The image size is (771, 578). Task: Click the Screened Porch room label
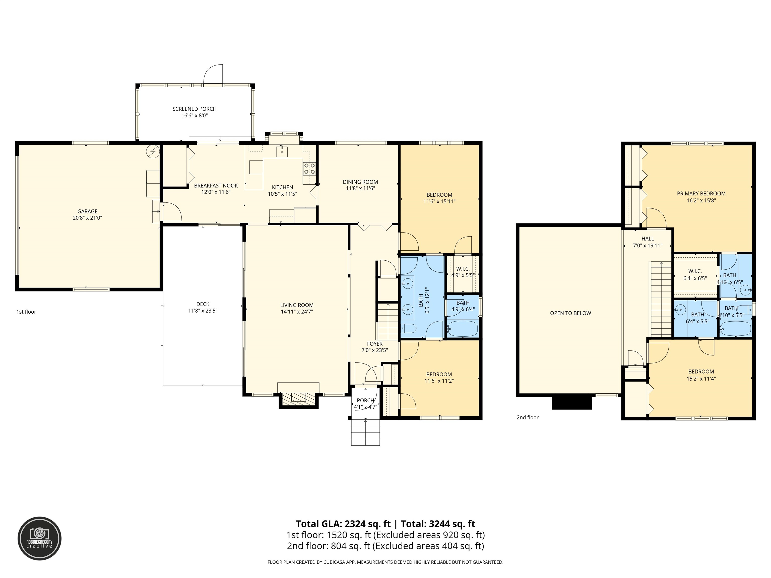[x=195, y=109]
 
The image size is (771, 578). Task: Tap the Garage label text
[x=88, y=211]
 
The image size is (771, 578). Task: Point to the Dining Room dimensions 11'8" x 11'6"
[x=360, y=188]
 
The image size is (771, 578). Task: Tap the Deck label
[x=203, y=304]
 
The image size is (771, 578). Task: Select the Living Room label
[x=297, y=305]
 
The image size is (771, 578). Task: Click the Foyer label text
[x=375, y=344]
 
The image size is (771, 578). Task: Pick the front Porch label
[x=365, y=401]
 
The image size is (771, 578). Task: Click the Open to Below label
[x=570, y=313]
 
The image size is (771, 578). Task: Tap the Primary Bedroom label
[x=701, y=194]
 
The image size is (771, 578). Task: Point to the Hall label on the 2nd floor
[x=648, y=239]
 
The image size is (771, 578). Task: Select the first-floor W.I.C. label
[x=463, y=269]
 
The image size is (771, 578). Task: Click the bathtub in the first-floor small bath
[x=463, y=329]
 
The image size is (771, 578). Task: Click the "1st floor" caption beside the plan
[x=26, y=312]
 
